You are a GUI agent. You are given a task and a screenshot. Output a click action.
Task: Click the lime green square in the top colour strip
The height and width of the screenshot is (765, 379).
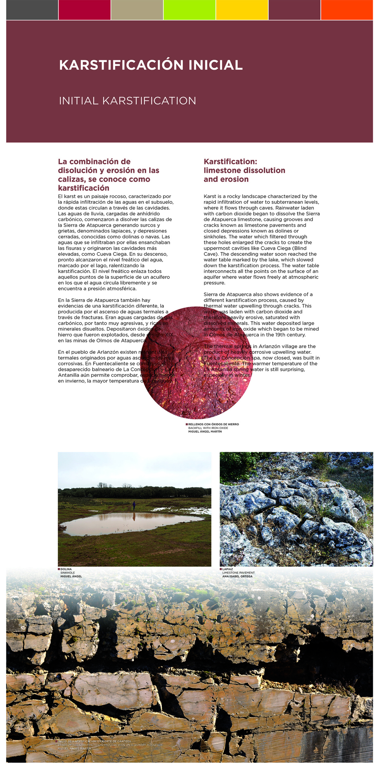(x=189, y=10)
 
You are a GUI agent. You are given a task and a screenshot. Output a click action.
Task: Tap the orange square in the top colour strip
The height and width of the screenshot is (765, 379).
(x=347, y=10)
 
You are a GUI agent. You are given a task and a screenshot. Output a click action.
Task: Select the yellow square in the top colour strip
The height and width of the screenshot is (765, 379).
(x=242, y=10)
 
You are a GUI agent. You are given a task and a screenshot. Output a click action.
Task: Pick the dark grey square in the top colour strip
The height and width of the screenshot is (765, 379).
(x=32, y=10)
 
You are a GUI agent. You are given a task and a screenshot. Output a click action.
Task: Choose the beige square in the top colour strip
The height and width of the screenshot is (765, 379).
(x=137, y=10)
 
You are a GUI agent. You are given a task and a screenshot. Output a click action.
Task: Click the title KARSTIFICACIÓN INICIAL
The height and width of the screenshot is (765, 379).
(x=151, y=65)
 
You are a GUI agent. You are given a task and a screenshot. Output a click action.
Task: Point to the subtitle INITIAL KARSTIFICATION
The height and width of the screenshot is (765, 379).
(x=127, y=101)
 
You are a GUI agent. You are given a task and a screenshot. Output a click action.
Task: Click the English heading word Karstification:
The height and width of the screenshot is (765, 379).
(x=230, y=162)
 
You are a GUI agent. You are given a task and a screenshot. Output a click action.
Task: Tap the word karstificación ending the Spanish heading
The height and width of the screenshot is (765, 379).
(x=84, y=188)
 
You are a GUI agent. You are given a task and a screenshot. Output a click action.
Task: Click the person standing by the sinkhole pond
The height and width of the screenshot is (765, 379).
(x=134, y=506)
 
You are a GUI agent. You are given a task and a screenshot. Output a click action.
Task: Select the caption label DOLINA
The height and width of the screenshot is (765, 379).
(x=66, y=569)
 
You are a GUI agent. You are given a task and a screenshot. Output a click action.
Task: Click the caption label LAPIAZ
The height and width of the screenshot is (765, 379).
(x=228, y=569)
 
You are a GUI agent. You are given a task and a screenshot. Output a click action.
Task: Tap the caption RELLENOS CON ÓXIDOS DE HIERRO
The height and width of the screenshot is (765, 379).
(x=213, y=424)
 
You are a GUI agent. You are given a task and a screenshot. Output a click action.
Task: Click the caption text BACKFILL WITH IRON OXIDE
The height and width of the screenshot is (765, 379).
(x=208, y=428)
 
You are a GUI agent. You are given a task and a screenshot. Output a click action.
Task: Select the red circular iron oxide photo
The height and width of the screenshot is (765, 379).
(x=196, y=363)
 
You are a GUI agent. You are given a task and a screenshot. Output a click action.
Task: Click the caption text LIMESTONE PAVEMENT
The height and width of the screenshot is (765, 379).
(x=238, y=573)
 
